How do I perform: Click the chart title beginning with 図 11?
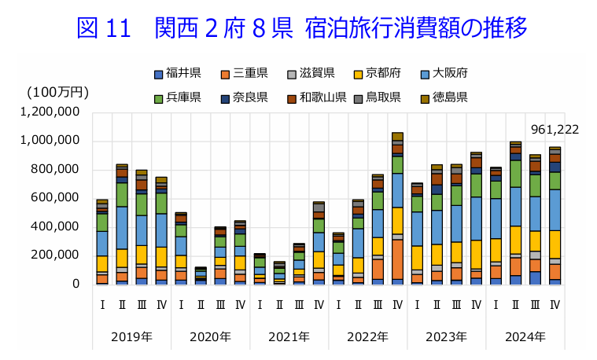click(x=302, y=28)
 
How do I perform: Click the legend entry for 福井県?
click(x=177, y=74)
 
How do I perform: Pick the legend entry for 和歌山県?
click(x=315, y=97)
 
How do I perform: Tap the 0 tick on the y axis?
click(x=76, y=284)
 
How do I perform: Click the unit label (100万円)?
click(x=53, y=92)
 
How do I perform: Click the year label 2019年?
click(x=131, y=337)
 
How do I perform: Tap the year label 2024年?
click(x=524, y=337)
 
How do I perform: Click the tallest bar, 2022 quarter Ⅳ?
click(x=397, y=208)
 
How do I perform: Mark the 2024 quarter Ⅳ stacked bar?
click(x=555, y=215)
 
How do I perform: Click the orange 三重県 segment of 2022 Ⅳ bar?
click(x=397, y=259)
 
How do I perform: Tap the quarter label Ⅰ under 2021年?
click(x=260, y=303)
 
